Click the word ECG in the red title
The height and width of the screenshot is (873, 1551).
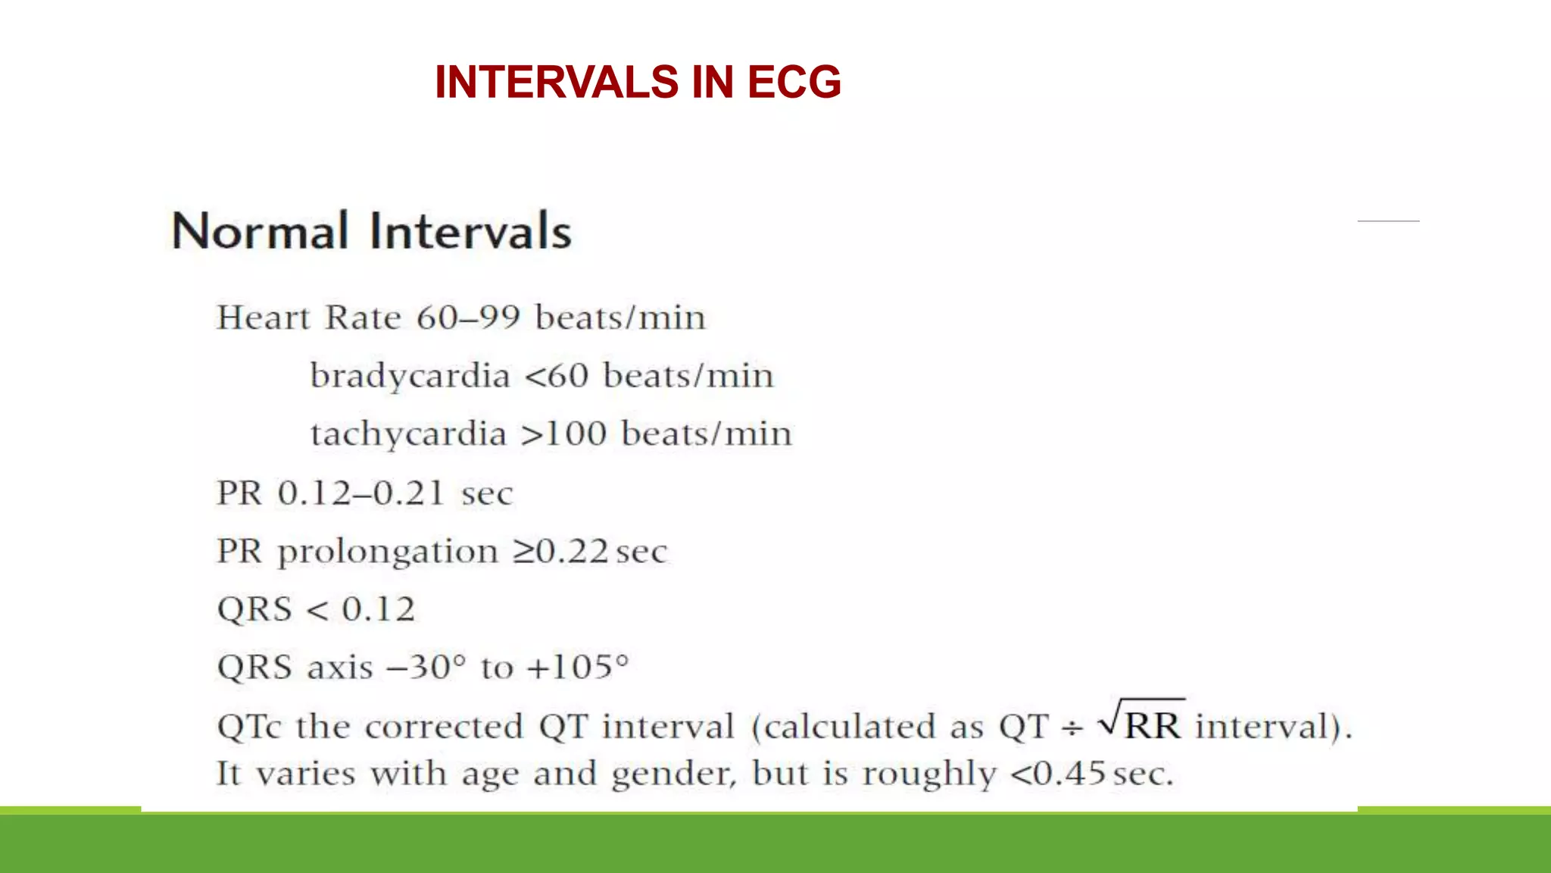794,82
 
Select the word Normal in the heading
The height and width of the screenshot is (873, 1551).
261,231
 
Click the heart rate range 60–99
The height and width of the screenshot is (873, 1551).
468,318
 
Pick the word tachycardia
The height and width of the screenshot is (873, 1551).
408,434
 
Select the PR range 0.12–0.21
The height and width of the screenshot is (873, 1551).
360,493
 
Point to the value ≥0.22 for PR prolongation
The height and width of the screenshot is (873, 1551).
561,552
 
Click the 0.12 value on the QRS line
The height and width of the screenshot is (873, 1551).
379,609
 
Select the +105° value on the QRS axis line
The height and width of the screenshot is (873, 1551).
578,668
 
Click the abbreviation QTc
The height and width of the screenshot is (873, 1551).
249,727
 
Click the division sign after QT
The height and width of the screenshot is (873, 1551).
1072,728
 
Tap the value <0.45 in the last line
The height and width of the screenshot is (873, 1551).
1059,774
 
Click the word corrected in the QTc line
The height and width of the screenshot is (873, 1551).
444,727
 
